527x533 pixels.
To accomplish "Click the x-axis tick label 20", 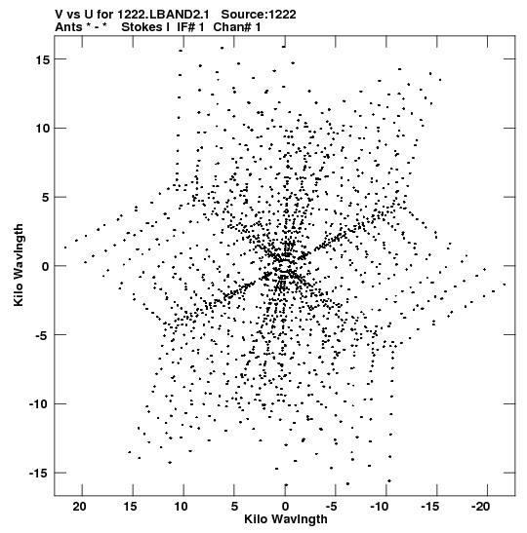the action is click(79, 507).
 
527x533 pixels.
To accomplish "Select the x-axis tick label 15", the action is click(130, 507).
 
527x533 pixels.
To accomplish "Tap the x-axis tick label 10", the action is click(181, 507).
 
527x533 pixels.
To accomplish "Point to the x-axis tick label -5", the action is click(331, 507).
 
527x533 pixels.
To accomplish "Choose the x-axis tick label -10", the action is click(380, 507).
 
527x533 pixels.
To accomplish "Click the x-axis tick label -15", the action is click(430, 507).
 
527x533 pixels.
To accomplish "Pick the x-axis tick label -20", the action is click(480, 507).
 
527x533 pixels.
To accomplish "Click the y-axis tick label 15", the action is click(43, 59).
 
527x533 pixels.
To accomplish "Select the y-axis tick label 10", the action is click(43, 129).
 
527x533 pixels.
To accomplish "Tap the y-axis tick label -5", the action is click(42, 335).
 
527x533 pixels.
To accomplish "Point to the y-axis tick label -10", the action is click(39, 404).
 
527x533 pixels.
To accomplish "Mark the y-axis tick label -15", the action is click(39, 474).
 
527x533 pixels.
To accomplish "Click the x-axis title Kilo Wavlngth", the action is click(286, 519).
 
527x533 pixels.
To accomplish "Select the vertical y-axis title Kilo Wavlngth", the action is click(19, 265).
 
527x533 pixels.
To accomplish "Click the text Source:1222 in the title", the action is click(259, 15).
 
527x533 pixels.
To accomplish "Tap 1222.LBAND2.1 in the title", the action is click(163, 15).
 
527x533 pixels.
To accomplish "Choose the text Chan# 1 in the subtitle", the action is click(237, 27).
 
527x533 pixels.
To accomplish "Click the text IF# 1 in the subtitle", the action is click(190, 27).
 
